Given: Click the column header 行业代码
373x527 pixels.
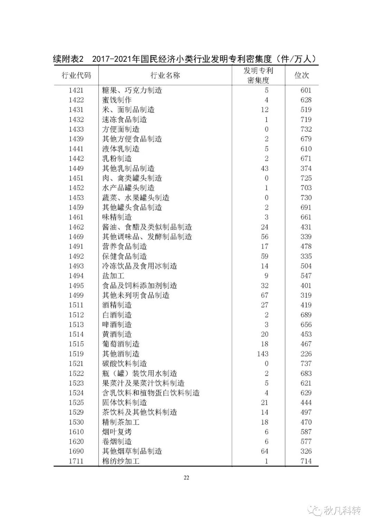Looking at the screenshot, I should click(x=76, y=76).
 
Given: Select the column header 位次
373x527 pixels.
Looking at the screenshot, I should click(x=302, y=76).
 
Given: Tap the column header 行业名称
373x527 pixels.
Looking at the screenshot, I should click(x=165, y=76).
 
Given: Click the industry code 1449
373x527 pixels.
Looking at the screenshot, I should click(x=76, y=168).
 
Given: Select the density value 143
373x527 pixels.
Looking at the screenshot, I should click(x=262, y=354).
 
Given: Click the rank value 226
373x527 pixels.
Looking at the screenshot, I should click(x=306, y=354).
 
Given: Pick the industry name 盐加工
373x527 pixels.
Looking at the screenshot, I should click(x=113, y=276).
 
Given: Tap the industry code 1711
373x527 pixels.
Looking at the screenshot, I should click(x=76, y=461).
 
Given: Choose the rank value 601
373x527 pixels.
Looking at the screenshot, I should click(x=306, y=90).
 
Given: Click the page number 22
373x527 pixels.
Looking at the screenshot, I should click(x=186, y=478).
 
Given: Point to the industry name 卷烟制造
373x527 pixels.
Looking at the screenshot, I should click(x=117, y=441).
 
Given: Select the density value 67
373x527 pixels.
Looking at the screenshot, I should click(x=265, y=295).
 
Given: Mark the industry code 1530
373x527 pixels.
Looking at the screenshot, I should click(x=76, y=422).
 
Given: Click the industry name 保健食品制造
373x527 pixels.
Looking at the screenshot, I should click(x=124, y=256).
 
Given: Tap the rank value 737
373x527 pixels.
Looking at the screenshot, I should click(x=306, y=363).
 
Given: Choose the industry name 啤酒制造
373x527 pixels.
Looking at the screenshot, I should click(x=117, y=325).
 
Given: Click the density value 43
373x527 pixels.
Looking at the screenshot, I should click(x=265, y=168).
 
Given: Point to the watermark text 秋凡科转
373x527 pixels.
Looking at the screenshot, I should click(x=342, y=510).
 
